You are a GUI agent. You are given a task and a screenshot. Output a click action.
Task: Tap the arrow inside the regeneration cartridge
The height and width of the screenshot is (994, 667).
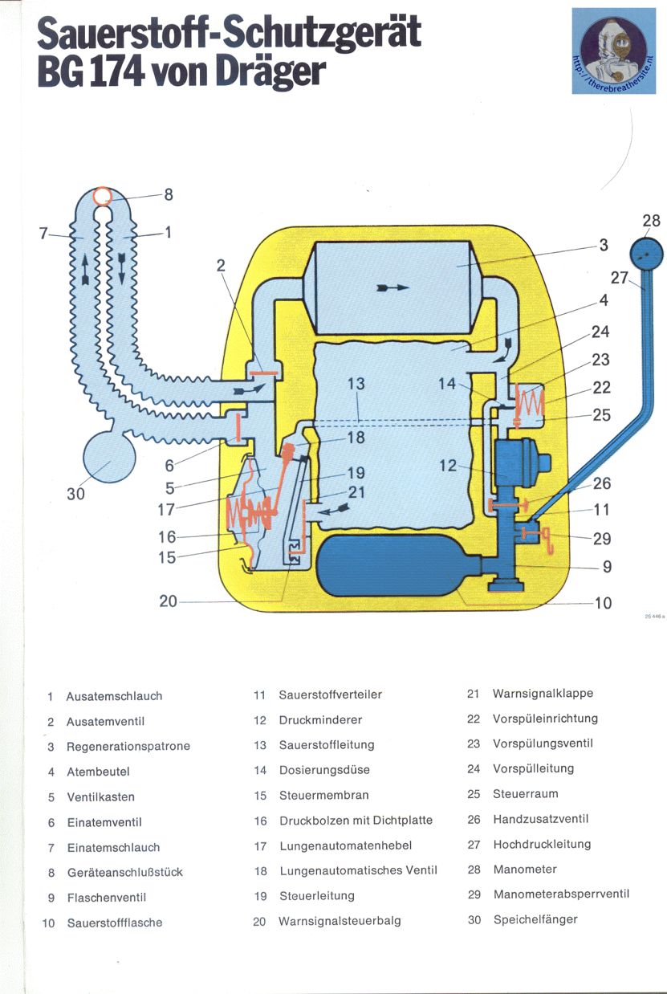[392, 287]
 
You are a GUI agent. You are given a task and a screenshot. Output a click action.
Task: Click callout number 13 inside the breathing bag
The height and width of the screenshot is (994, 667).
[356, 385]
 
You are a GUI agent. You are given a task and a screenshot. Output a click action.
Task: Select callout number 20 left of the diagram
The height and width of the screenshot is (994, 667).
[168, 600]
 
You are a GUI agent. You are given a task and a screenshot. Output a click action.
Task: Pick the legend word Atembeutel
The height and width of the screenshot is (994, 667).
[98, 772]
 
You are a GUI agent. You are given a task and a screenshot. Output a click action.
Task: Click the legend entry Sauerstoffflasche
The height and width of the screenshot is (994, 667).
[114, 923]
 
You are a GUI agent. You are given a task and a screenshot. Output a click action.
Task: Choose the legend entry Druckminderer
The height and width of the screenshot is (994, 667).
[320, 720]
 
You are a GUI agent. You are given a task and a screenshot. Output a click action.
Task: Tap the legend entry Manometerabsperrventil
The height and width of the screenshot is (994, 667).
[561, 894]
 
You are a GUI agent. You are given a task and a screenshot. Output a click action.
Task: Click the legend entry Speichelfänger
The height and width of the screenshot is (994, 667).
[535, 919]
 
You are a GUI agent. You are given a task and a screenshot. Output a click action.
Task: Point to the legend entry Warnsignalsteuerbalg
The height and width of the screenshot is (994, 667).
[340, 921]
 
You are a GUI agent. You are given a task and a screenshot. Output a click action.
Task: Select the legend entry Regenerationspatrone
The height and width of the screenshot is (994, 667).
[128, 746]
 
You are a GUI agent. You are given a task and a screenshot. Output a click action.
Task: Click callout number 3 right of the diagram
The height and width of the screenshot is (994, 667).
[604, 245]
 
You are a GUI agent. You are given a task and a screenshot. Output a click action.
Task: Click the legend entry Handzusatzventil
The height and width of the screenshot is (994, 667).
[540, 819]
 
